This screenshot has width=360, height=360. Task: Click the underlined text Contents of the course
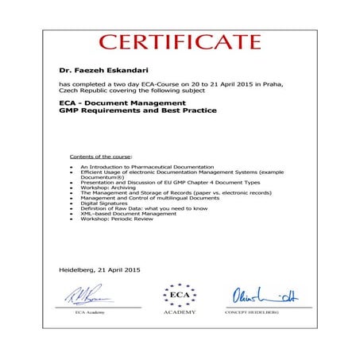pyautogui.click(x=102, y=157)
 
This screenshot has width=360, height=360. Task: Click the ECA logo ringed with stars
pyautogui.click(x=180, y=296)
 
